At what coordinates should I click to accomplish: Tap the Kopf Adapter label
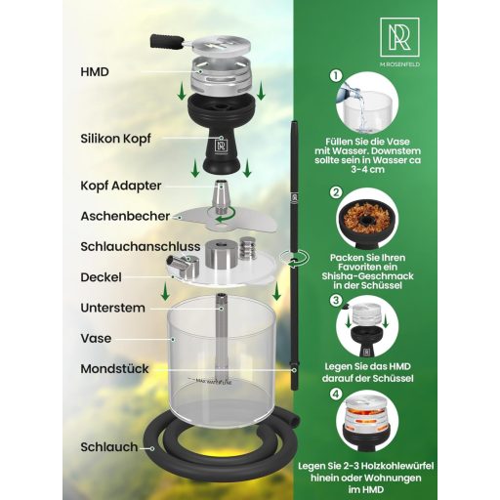(x=120, y=185)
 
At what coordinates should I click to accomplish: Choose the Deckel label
(x=101, y=277)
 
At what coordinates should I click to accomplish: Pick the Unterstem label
(x=112, y=308)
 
